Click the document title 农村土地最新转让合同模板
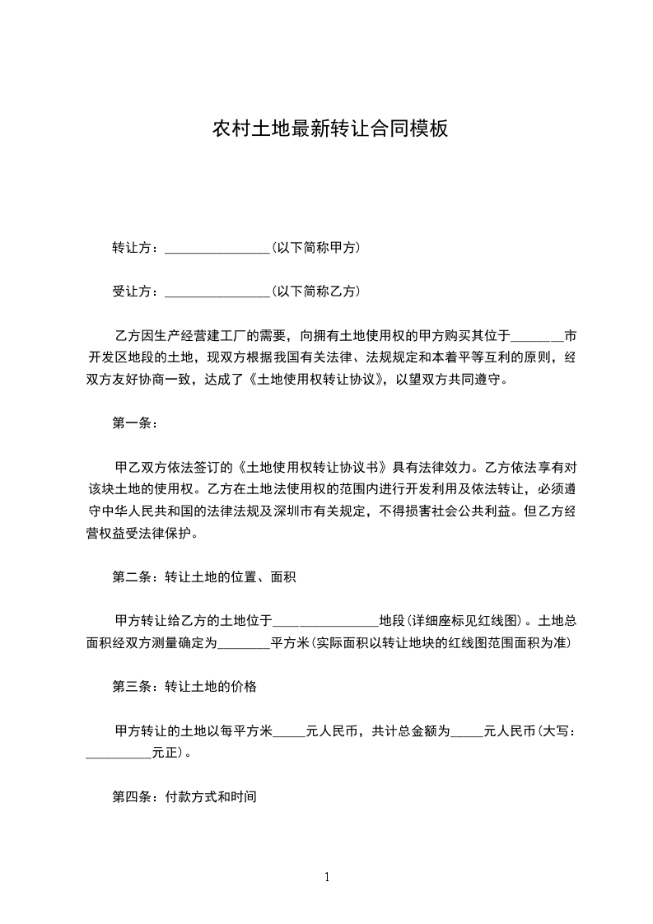coord(330,129)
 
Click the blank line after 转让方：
coord(217,248)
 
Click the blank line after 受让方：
coord(217,292)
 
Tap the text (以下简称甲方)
coord(315,247)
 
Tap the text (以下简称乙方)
coord(315,292)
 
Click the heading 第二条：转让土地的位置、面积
coord(203,577)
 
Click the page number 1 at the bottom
coord(327,877)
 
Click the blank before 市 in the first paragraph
coord(538,337)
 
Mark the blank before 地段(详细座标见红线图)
coord(325,622)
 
